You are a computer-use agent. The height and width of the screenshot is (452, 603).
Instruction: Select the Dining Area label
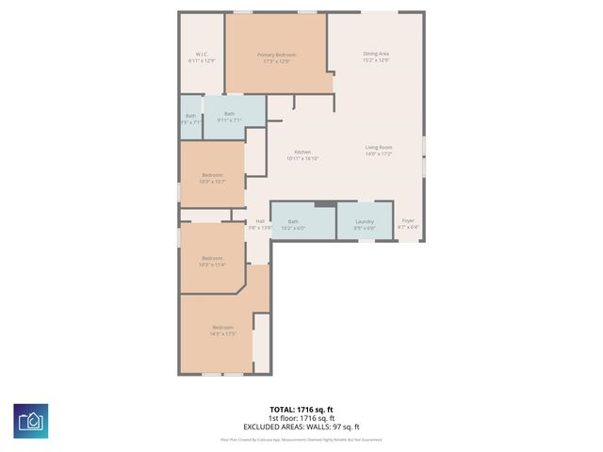[x=377, y=54]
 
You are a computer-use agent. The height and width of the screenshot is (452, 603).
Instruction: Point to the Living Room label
[x=379, y=148]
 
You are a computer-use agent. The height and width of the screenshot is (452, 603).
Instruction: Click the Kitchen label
[x=302, y=153]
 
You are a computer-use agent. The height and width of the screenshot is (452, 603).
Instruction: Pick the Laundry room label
[x=365, y=221]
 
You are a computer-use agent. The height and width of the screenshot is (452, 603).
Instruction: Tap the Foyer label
[x=408, y=221]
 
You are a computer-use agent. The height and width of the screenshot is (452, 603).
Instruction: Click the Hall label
[x=259, y=221]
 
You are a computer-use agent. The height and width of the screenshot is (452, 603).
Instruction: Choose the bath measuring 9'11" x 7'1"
[x=229, y=114]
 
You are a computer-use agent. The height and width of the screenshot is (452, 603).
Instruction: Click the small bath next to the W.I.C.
[x=191, y=116]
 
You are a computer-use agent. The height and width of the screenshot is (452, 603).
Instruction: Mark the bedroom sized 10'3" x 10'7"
[x=212, y=175]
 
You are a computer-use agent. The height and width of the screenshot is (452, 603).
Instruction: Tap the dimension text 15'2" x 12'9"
[x=377, y=60]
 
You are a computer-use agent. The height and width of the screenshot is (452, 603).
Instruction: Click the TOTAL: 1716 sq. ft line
[x=301, y=410]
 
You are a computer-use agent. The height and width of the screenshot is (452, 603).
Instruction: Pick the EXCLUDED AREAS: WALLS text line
[x=301, y=426]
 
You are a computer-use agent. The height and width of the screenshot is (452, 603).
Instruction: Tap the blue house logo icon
[x=31, y=420]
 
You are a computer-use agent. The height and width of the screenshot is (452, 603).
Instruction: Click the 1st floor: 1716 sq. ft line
[x=301, y=418]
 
